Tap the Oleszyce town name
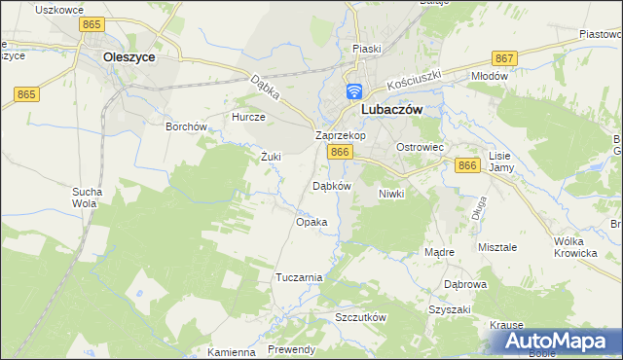click(x=129, y=57)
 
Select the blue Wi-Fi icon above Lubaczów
click(x=353, y=92)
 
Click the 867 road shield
click(x=504, y=59)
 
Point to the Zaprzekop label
click(x=340, y=136)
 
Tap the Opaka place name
click(x=311, y=223)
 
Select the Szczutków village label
click(x=361, y=318)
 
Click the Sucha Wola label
click(x=86, y=198)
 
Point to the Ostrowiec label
click(x=420, y=147)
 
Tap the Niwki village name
click(x=390, y=195)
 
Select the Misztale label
click(x=498, y=248)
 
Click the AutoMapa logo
click(x=558, y=342)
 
